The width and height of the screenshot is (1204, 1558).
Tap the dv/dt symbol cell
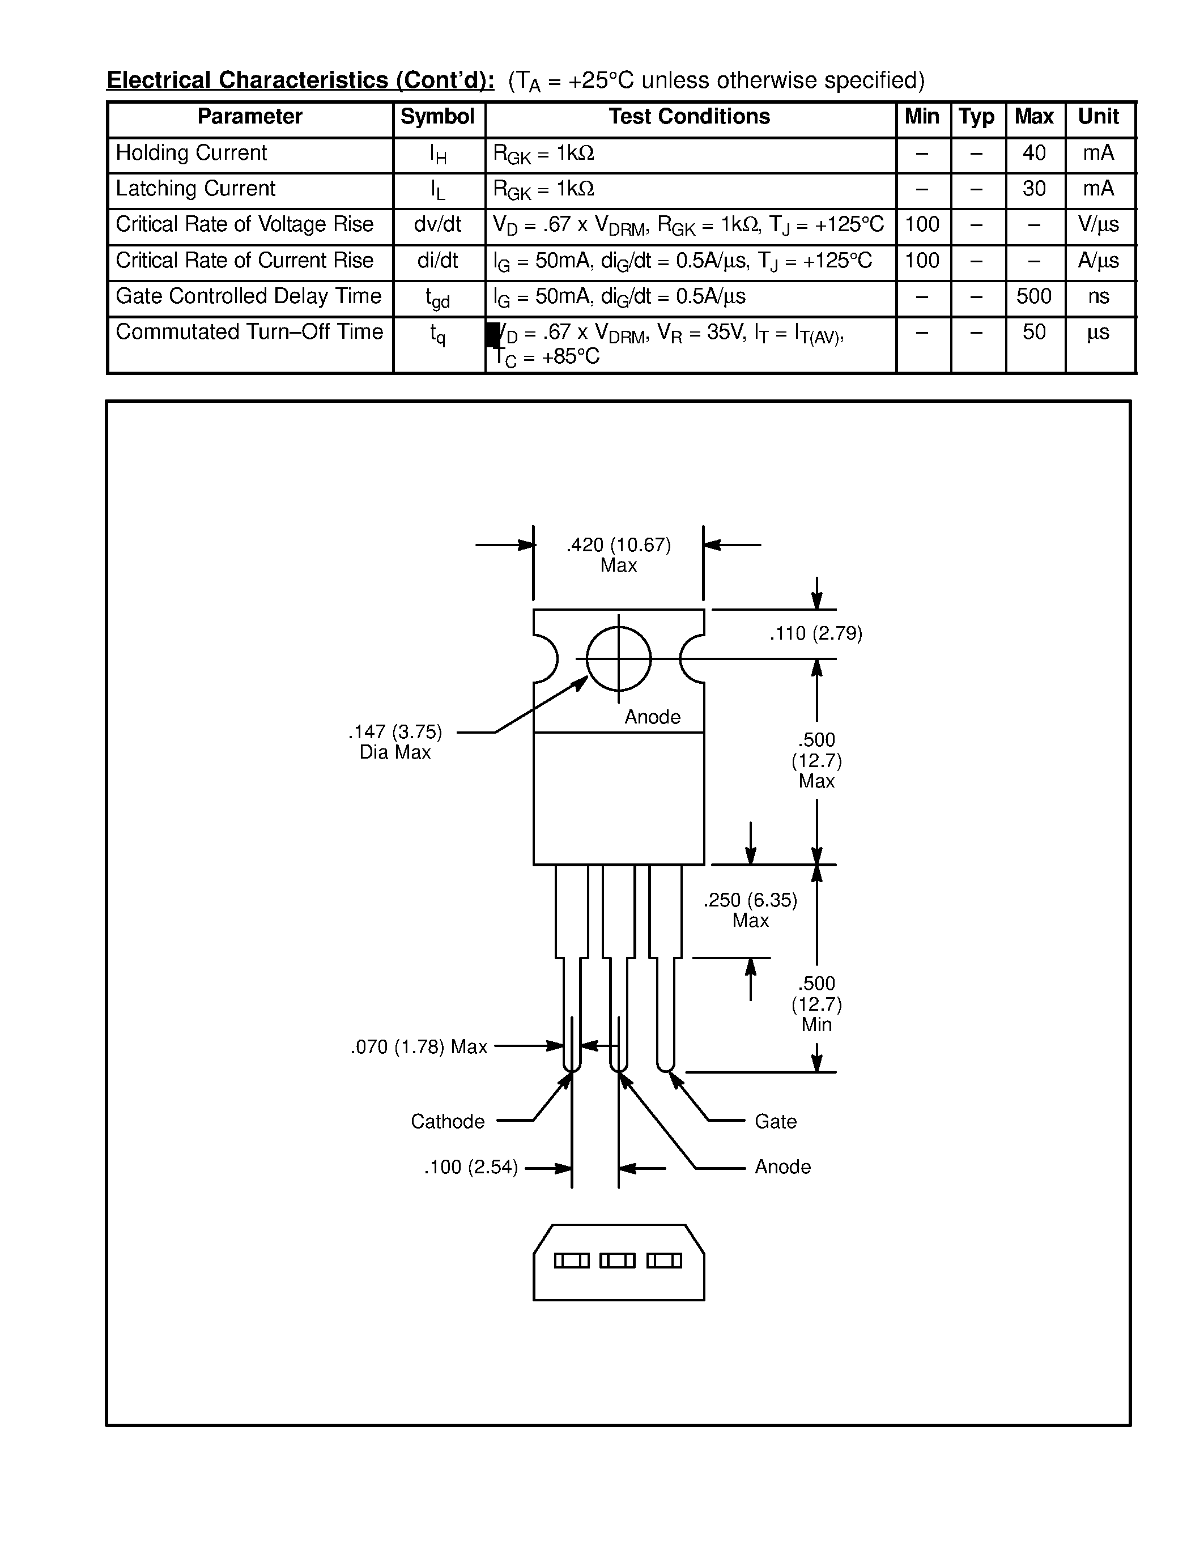(437, 225)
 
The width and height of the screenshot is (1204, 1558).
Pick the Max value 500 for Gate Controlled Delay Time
(1033, 296)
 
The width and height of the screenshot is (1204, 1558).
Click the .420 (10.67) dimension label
(618, 546)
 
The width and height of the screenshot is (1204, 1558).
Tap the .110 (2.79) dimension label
(815, 633)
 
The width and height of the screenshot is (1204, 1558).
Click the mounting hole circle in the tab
(618, 658)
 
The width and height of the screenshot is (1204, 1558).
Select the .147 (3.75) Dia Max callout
(395, 742)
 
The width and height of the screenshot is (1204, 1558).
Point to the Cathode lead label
(447, 1121)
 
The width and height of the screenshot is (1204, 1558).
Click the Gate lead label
(775, 1121)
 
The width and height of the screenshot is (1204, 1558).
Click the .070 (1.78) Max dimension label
(419, 1046)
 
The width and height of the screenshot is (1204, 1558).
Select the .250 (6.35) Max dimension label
(750, 909)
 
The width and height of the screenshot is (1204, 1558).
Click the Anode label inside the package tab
(652, 717)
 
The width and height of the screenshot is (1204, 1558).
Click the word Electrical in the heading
(159, 80)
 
